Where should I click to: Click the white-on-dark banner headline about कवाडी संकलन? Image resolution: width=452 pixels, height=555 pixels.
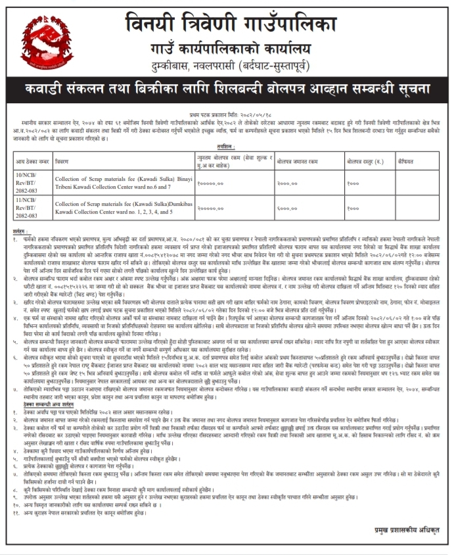coord(227,88)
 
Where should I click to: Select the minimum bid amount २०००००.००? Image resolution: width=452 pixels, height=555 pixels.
coord(210,207)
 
